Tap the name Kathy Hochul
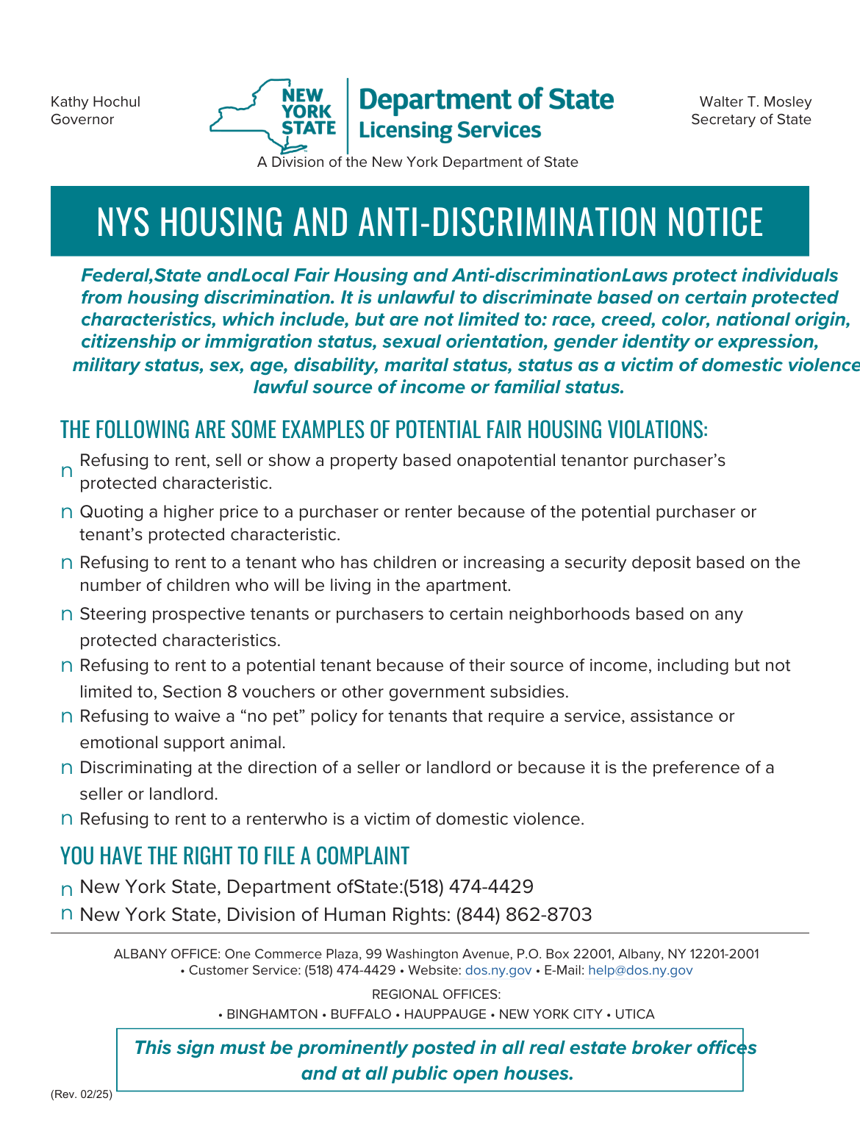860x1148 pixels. click(x=95, y=101)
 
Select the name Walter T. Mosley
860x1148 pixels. click(x=755, y=101)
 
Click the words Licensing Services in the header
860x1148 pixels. click(x=450, y=130)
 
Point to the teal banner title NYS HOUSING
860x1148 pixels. click(x=429, y=221)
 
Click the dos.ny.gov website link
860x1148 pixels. click(x=498, y=970)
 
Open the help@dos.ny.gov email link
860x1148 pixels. click(x=640, y=970)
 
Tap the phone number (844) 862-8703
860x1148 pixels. click(x=524, y=914)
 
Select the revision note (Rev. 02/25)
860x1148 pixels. click(x=82, y=1094)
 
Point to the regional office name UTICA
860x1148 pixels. click(x=634, y=1014)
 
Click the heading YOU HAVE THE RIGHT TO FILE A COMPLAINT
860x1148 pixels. click(x=234, y=855)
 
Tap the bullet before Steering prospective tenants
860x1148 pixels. click(x=66, y=614)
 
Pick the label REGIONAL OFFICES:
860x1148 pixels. click(x=436, y=994)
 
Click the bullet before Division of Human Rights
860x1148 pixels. click(x=66, y=914)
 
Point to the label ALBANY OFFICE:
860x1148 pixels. click(x=167, y=954)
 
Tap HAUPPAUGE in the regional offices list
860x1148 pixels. click(x=445, y=1014)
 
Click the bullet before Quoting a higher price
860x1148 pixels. click(x=66, y=512)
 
